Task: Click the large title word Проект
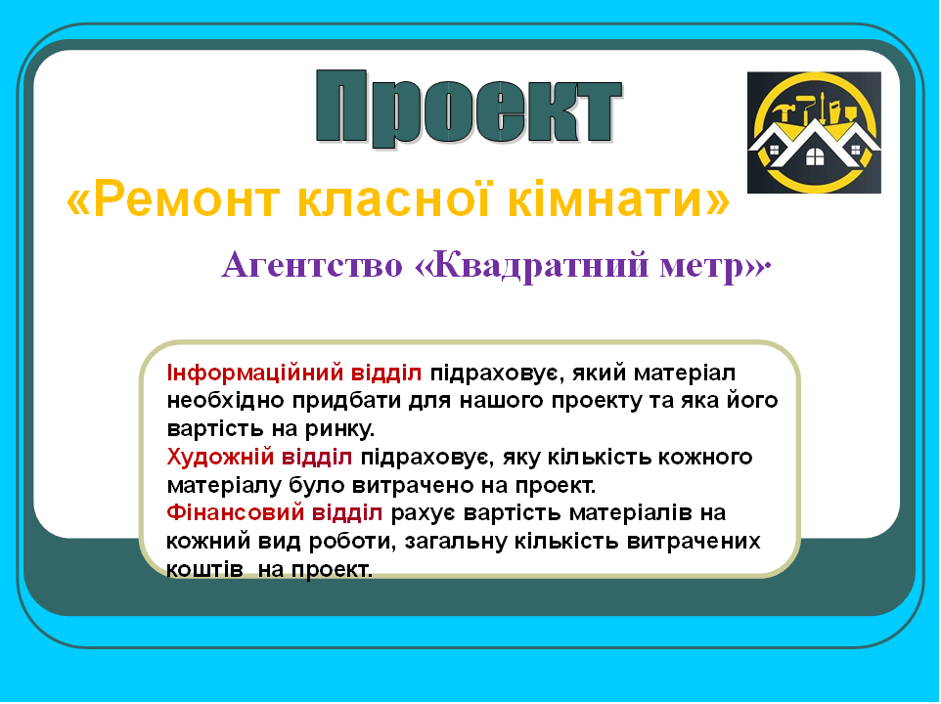(x=469, y=108)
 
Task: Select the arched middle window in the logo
(x=814, y=155)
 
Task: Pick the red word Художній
(x=212, y=457)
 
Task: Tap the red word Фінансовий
(x=228, y=513)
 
